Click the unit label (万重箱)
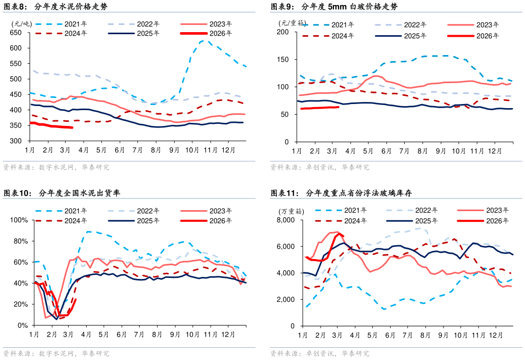click(x=290, y=211)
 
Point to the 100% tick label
click(x=19, y=220)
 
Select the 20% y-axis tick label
click(x=21, y=304)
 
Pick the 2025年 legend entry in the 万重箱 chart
click(x=415, y=221)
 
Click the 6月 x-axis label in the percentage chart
click(x=121, y=335)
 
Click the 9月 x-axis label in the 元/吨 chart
click(x=174, y=150)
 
